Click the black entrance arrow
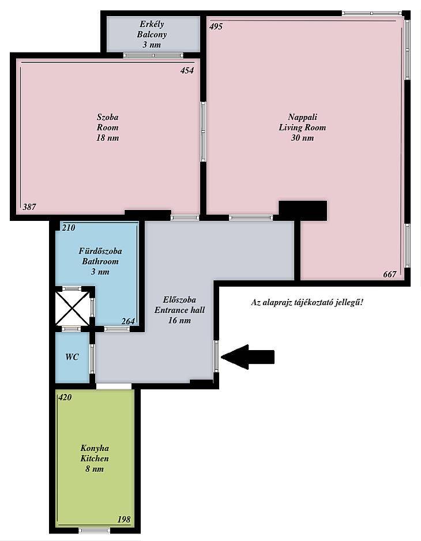click(x=247, y=357)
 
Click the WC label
click(x=72, y=357)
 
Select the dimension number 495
click(x=216, y=26)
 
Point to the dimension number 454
click(x=187, y=70)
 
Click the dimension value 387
click(x=29, y=207)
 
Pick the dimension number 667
click(x=390, y=275)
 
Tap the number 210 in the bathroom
click(x=68, y=228)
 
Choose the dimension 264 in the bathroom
click(x=128, y=321)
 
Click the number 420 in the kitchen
click(x=65, y=397)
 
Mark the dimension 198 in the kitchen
click(x=124, y=519)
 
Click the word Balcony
click(x=152, y=35)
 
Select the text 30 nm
click(x=302, y=138)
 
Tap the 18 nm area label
click(x=107, y=138)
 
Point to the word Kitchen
click(x=95, y=459)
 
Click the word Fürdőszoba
click(x=100, y=251)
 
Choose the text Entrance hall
click(x=179, y=310)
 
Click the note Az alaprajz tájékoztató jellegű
click(x=307, y=303)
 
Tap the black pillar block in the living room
click(x=303, y=211)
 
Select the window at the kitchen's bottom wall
click(x=94, y=530)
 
